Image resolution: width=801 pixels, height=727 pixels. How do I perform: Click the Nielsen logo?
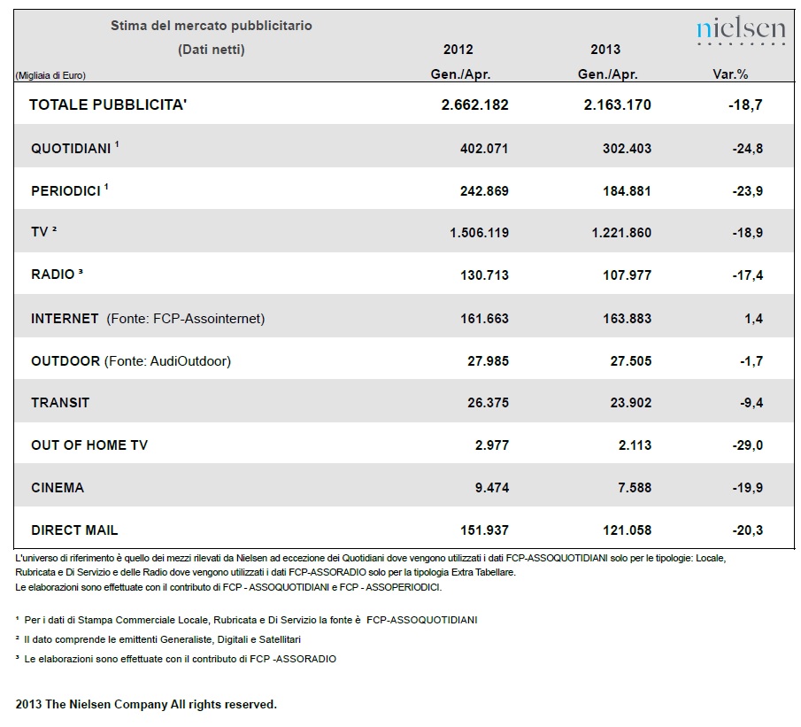coord(741,30)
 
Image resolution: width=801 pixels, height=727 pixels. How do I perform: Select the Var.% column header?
coord(730,74)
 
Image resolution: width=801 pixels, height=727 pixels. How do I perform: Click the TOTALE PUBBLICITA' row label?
coord(108,104)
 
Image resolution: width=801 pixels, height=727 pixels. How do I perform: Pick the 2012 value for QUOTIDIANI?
coord(484,149)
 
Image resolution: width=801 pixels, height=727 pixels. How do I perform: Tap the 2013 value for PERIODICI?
coord(627,191)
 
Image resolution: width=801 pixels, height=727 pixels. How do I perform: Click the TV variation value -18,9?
coord(748,233)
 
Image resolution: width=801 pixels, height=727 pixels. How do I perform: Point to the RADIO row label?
coord(57,275)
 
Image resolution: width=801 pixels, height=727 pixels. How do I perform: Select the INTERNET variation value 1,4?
coord(754,319)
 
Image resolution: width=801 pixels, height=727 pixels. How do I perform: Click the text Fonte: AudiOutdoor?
coord(167,361)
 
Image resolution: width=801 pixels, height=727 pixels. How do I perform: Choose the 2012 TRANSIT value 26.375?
coord(489,403)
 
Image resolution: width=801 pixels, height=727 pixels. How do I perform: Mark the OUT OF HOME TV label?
coord(89,445)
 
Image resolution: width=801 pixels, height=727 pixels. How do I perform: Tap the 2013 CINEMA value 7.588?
coord(635,488)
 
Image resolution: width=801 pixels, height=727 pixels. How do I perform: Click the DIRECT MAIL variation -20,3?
coord(748,530)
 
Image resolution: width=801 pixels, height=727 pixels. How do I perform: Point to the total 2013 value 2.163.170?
coord(618,104)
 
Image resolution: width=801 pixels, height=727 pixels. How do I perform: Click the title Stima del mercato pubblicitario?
coord(212,26)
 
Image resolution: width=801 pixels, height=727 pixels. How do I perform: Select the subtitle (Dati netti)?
coord(212,50)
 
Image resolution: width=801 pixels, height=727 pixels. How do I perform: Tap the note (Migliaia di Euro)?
coord(50,75)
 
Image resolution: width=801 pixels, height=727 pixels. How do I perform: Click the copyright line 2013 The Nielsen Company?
coord(146,705)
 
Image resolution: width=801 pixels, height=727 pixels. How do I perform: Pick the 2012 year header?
coord(458,50)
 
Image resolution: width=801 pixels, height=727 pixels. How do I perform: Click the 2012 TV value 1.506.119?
coord(479,233)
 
